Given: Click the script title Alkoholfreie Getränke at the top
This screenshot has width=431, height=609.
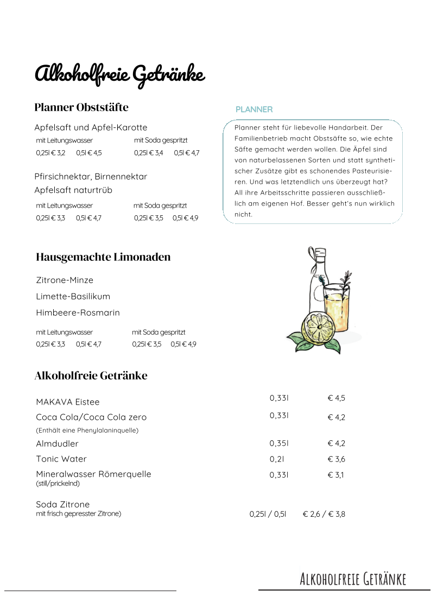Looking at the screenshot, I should coord(119,74).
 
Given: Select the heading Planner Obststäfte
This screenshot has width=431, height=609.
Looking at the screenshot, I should coord(81,107).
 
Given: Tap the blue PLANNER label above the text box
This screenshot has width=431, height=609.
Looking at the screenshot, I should coord(254,110).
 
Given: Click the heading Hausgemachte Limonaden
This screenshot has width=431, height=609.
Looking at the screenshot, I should coord(103,257).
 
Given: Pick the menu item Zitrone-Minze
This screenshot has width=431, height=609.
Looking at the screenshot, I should coord(65,280).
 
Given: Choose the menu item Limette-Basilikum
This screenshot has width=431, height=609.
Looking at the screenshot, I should coord(73,297).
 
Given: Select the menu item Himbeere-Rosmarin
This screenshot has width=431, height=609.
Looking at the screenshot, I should coord(78,313).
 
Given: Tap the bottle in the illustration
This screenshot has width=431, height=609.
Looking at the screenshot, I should coord(316,277).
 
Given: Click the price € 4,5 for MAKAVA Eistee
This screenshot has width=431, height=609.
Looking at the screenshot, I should coord(336,398).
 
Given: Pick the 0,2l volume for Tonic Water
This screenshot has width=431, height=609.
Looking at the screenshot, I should coord(277,459).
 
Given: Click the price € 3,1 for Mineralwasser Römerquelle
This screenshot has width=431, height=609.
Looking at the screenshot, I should coord(336,475).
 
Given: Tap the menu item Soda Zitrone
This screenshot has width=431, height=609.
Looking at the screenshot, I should coord(62,504).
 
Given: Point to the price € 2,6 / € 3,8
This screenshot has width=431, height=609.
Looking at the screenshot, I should coord(324,514).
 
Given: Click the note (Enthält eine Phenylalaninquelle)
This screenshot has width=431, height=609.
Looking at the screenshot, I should coord(87,431).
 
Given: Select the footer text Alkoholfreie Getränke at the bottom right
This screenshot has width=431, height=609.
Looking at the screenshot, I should coord(353,579).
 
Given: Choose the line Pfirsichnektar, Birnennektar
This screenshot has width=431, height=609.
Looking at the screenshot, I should coord(91,177).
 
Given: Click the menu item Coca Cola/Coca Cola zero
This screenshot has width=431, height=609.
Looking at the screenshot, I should coord(91,418).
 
